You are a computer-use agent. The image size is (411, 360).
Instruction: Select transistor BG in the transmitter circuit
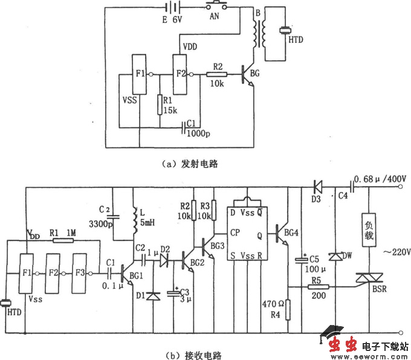point(248,75)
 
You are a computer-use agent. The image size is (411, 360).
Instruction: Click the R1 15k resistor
point(159,104)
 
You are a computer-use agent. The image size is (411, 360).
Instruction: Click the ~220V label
point(392,251)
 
